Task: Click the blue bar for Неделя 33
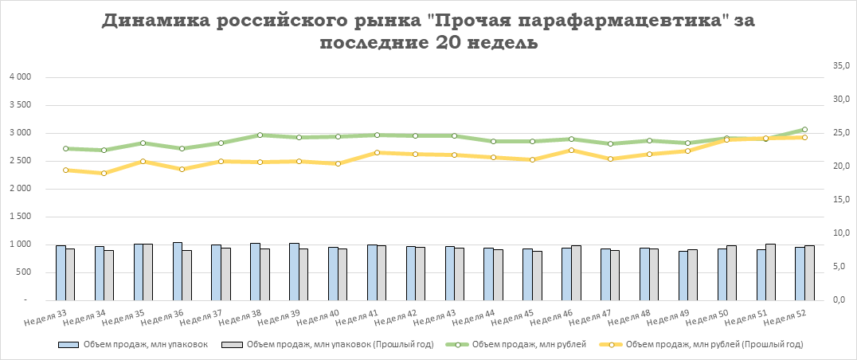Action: (x=61, y=272)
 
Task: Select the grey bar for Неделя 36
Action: (x=186, y=275)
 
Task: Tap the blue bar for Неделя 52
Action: (x=800, y=273)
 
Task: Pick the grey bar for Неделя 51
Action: (x=770, y=272)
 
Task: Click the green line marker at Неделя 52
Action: (x=804, y=130)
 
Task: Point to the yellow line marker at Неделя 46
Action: (x=571, y=150)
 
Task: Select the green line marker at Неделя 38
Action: (x=260, y=135)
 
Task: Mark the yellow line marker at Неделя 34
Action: (x=104, y=173)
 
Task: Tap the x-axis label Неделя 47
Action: (x=594, y=319)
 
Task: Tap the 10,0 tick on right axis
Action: (x=841, y=233)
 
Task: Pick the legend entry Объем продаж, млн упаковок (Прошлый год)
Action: (x=323, y=345)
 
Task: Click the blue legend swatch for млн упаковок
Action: (x=69, y=345)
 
